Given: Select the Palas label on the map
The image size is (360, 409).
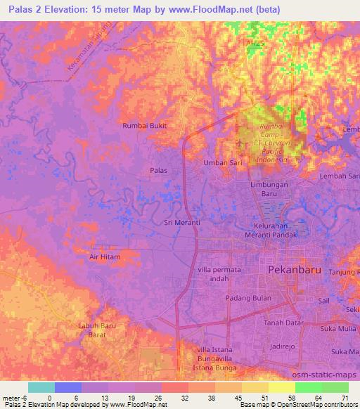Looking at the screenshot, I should (159, 170).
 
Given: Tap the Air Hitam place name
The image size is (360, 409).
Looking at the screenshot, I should (105, 257).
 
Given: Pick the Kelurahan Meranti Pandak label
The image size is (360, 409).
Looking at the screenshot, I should (276, 231).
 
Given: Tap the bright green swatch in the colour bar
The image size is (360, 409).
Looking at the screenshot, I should (309, 387).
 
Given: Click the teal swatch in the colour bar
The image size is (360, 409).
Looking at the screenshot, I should (41, 387).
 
